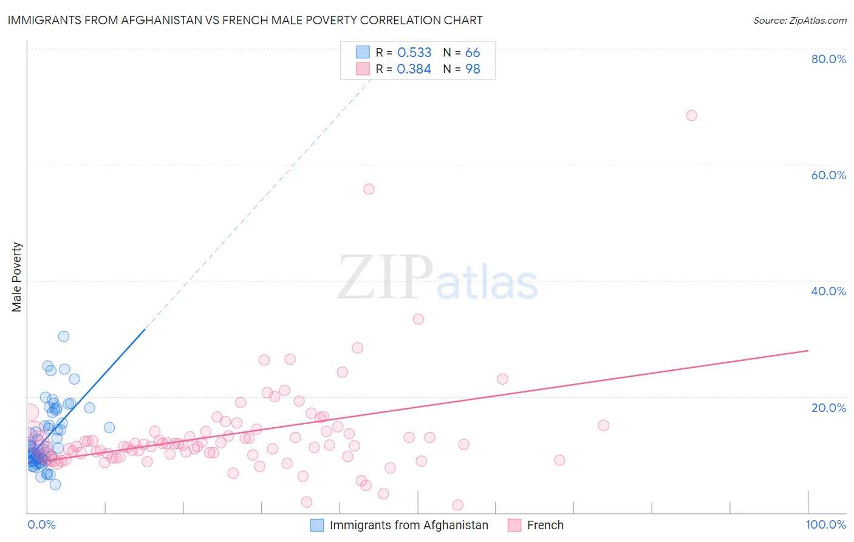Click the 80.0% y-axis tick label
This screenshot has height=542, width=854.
click(828, 59)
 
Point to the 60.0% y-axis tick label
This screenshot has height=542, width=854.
click(828, 175)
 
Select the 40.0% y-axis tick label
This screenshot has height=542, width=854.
click(828, 291)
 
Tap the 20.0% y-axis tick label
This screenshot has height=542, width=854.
click(828, 408)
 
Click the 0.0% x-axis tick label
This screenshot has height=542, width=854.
click(41, 524)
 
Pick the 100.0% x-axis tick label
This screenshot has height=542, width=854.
click(825, 524)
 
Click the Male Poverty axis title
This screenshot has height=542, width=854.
click(17, 277)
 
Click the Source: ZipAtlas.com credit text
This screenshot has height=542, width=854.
click(799, 21)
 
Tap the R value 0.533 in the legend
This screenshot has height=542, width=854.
click(414, 53)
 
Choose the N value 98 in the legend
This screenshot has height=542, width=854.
click(473, 69)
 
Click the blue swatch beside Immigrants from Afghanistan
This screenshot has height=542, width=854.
click(317, 525)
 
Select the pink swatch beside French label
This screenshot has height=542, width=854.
click(514, 525)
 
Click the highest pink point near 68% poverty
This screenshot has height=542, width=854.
click(691, 115)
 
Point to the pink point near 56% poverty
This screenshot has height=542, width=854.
click(369, 189)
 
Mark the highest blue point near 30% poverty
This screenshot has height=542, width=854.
click(64, 337)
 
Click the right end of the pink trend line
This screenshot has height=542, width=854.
click(808, 351)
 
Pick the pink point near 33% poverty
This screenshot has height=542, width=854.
click(418, 319)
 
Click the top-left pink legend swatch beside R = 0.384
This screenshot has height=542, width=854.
click(363, 69)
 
